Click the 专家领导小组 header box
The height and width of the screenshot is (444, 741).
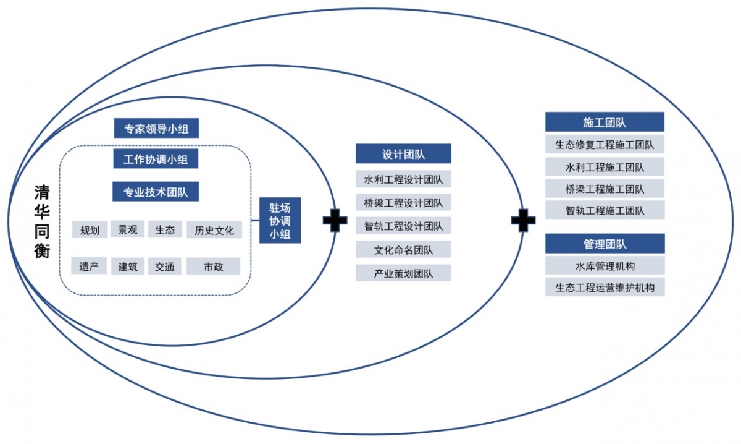coord(156,129)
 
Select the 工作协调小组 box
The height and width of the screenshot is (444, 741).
coord(156,159)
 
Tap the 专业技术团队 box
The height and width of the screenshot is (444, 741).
coord(156,191)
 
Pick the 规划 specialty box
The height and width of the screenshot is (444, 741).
coord(90,230)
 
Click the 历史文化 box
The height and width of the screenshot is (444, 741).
coord(214,230)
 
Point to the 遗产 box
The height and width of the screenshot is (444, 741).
coord(89,267)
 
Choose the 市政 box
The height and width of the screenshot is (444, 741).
coord(213,267)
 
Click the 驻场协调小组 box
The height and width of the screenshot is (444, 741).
coord(280,221)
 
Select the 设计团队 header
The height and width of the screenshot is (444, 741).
coord(403,154)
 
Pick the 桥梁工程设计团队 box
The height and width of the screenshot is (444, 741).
coord(403,202)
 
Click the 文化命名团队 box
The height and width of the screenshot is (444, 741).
coord(403,250)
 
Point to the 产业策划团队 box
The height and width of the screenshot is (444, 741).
coord(403,273)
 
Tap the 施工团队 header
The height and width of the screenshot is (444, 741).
coord(605,122)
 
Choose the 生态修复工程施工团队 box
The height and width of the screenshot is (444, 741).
coord(605,145)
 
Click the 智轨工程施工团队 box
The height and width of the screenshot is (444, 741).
coord(605,210)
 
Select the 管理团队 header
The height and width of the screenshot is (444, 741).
coord(605,244)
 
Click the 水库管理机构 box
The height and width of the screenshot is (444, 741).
coord(605,266)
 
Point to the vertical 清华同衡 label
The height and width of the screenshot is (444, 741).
coord(41,221)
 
